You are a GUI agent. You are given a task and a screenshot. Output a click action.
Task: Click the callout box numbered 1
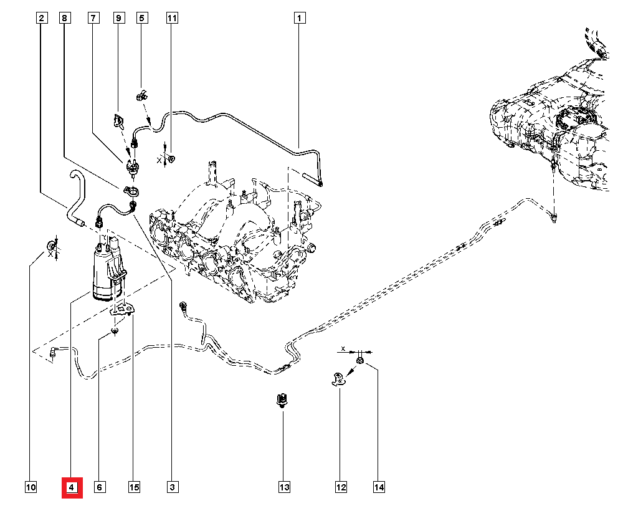coord(300,18)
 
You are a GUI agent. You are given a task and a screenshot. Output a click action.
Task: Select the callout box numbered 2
coord(42,18)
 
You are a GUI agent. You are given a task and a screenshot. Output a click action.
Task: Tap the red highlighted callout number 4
coord(72,487)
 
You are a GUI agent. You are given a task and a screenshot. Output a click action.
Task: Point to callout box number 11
coord(172,18)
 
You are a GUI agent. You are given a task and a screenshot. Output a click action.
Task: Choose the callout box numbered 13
coord(284,487)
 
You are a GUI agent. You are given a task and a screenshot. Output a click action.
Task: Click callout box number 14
coord(379,487)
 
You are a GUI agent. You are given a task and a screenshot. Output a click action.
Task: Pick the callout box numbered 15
coord(135,487)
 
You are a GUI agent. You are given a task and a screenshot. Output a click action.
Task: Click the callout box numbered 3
coord(172,487)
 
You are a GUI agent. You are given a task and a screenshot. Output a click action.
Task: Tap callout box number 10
coord(31,487)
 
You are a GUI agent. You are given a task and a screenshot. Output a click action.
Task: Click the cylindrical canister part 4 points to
coord(107,270)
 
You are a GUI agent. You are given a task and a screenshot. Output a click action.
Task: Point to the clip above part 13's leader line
coord(282,399)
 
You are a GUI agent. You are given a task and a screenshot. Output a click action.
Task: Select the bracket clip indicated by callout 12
coord(338,379)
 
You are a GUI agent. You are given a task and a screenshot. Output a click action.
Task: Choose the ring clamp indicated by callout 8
coord(131,191)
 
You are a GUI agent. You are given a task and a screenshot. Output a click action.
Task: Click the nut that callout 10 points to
coord(51,245)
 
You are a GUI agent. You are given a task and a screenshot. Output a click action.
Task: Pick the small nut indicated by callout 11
coord(171,160)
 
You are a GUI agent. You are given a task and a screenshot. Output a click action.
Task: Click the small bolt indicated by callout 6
coord(115,331)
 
